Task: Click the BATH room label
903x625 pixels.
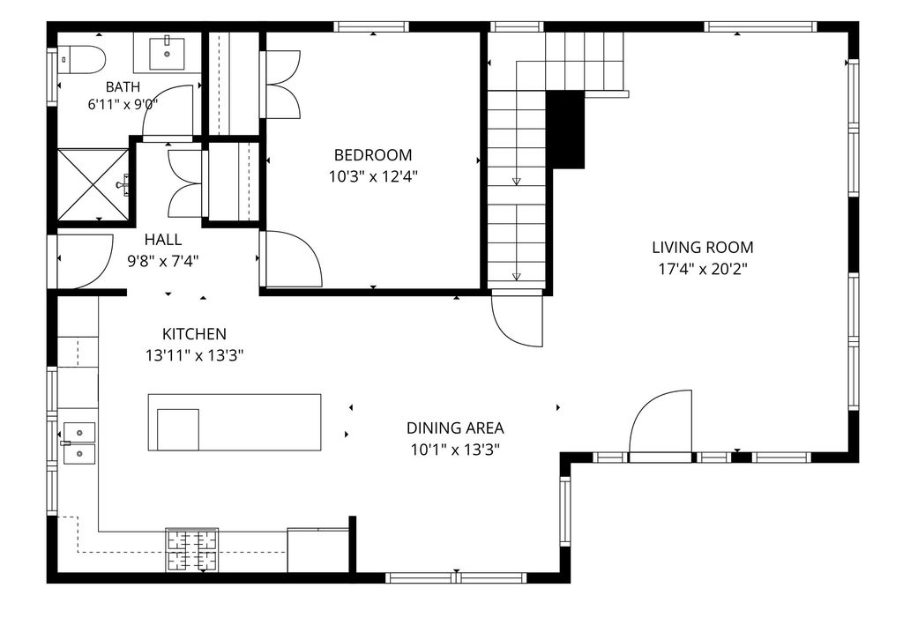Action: point(123,87)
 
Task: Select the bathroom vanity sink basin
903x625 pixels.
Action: point(167,53)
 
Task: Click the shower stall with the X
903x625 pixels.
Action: point(93,184)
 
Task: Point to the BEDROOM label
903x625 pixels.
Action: point(373,155)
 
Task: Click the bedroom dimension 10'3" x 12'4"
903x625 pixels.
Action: point(373,176)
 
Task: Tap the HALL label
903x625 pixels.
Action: point(163,240)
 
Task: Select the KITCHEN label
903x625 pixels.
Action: point(194,334)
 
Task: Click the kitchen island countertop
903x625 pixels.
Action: point(235,422)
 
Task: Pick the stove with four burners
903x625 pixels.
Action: point(192,549)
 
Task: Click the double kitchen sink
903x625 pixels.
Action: point(79,443)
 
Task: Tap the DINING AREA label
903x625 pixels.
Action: point(455,428)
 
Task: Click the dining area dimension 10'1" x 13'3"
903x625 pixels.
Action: point(455,450)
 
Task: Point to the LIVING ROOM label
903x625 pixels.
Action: point(703,248)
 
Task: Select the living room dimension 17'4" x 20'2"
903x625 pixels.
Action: point(703,269)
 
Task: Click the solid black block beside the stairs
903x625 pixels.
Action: point(565,130)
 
